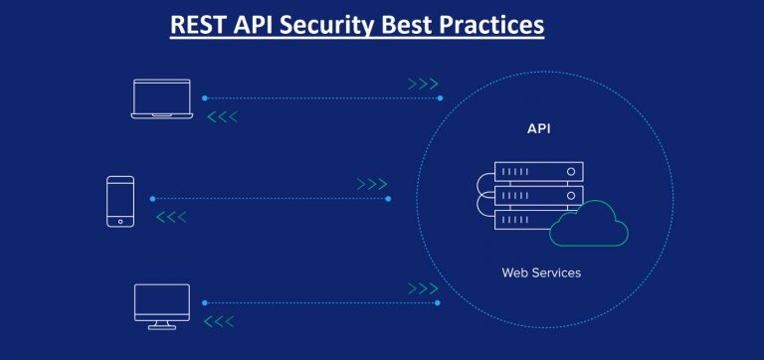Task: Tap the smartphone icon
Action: (x=120, y=202)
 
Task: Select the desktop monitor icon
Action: (x=161, y=305)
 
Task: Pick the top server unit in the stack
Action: (x=538, y=172)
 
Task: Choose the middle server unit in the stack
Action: (x=538, y=195)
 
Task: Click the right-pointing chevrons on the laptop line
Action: (x=423, y=84)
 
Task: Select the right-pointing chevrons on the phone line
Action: (x=371, y=184)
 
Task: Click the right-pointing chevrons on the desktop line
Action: (x=423, y=288)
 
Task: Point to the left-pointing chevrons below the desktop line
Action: (x=220, y=321)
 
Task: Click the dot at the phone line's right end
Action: (x=388, y=199)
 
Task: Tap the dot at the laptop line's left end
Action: (x=204, y=98)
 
